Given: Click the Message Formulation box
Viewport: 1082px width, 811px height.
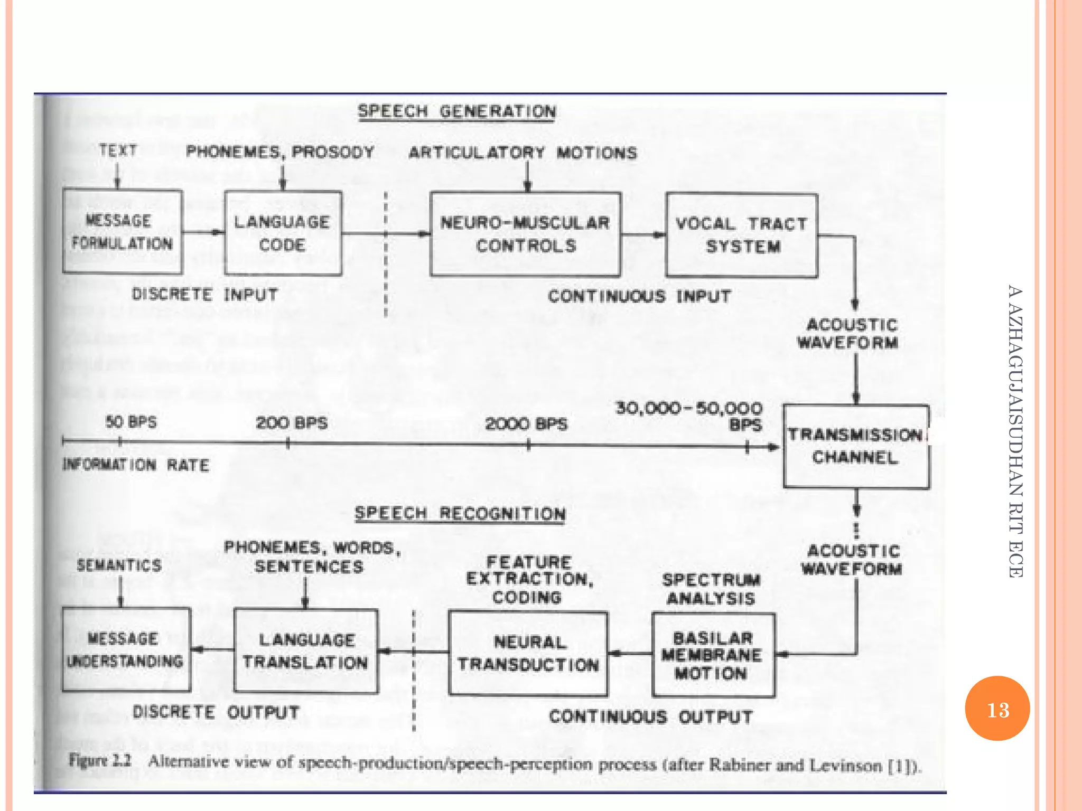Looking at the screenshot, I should (x=122, y=231).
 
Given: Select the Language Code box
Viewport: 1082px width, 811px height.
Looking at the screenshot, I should (x=283, y=233).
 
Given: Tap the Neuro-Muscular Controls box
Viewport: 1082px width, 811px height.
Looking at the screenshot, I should (x=525, y=234).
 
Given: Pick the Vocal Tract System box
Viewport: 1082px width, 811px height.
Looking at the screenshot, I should (x=742, y=235).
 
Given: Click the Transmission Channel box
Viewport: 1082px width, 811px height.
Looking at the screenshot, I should (x=856, y=446).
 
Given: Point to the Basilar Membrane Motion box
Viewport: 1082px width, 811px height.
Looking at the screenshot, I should (x=713, y=655).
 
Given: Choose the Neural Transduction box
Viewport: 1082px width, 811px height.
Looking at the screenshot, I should (x=528, y=653).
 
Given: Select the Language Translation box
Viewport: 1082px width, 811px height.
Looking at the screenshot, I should (x=306, y=650).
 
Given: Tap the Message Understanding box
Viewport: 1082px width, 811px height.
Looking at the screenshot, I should (x=126, y=649).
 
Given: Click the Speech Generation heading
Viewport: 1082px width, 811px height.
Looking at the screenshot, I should (x=457, y=111).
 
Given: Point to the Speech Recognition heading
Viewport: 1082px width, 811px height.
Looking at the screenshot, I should (x=460, y=513).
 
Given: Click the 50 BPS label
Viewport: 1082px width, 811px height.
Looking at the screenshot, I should (x=131, y=422).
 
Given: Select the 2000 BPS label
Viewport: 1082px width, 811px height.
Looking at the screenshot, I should (x=526, y=423).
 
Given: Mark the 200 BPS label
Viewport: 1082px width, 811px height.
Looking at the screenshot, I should (x=292, y=422).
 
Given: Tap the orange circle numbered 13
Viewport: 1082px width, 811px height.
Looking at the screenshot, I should (x=997, y=709).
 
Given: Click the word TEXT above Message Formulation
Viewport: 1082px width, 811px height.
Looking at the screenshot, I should (x=118, y=150).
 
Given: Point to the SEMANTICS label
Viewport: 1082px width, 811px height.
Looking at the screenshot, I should (x=119, y=565).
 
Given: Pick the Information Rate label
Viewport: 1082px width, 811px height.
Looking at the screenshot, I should (x=136, y=465).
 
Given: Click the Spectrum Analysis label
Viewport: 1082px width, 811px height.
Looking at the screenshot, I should (x=711, y=589).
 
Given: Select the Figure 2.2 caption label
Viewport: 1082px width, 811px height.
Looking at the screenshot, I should (x=100, y=760).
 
